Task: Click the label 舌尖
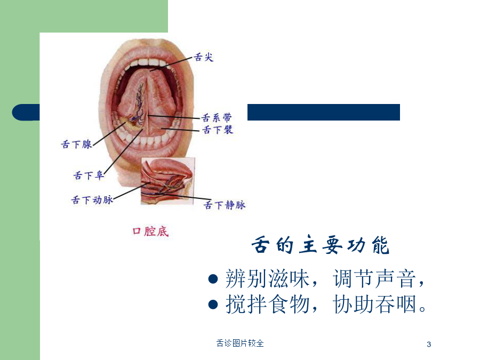[204, 57]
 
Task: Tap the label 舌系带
[217, 117]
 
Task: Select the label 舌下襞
[218, 130]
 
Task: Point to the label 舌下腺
[76, 144]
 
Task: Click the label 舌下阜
[89, 175]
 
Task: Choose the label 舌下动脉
[92, 200]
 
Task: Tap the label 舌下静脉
[225, 205]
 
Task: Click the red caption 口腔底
[150, 231]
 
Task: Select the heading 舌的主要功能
[320, 245]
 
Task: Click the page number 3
[429, 345]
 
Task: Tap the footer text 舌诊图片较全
[240, 343]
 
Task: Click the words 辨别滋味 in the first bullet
[267, 278]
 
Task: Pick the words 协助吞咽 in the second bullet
[374, 305]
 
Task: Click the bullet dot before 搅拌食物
[213, 305]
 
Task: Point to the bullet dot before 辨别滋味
[213, 279]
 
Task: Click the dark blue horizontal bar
[324, 113]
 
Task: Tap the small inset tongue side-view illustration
[168, 181]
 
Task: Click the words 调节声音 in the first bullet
[374, 278]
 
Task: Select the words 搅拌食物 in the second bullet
[267, 305]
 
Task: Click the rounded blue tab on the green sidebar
[26, 113]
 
